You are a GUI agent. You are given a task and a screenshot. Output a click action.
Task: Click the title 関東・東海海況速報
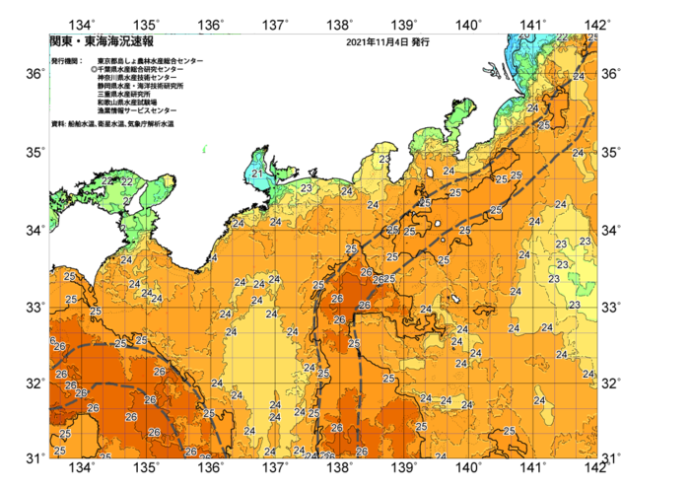tap(102, 42)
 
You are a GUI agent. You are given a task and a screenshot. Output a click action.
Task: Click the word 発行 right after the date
tap(420, 43)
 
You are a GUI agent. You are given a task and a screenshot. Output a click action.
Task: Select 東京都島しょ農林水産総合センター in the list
tap(150, 61)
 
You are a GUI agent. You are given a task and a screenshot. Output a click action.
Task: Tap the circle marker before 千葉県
tap(94, 69)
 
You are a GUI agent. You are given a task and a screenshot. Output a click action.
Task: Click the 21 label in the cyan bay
tap(256, 174)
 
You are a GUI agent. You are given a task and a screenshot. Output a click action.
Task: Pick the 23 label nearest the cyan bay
tap(307, 187)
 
